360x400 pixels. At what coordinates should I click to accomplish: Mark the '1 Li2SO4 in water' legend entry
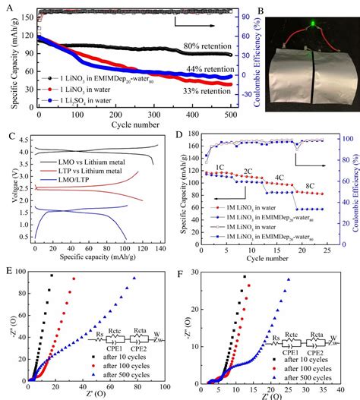point(76,99)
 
